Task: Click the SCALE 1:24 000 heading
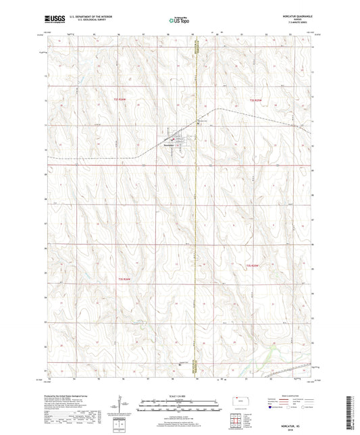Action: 180,395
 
